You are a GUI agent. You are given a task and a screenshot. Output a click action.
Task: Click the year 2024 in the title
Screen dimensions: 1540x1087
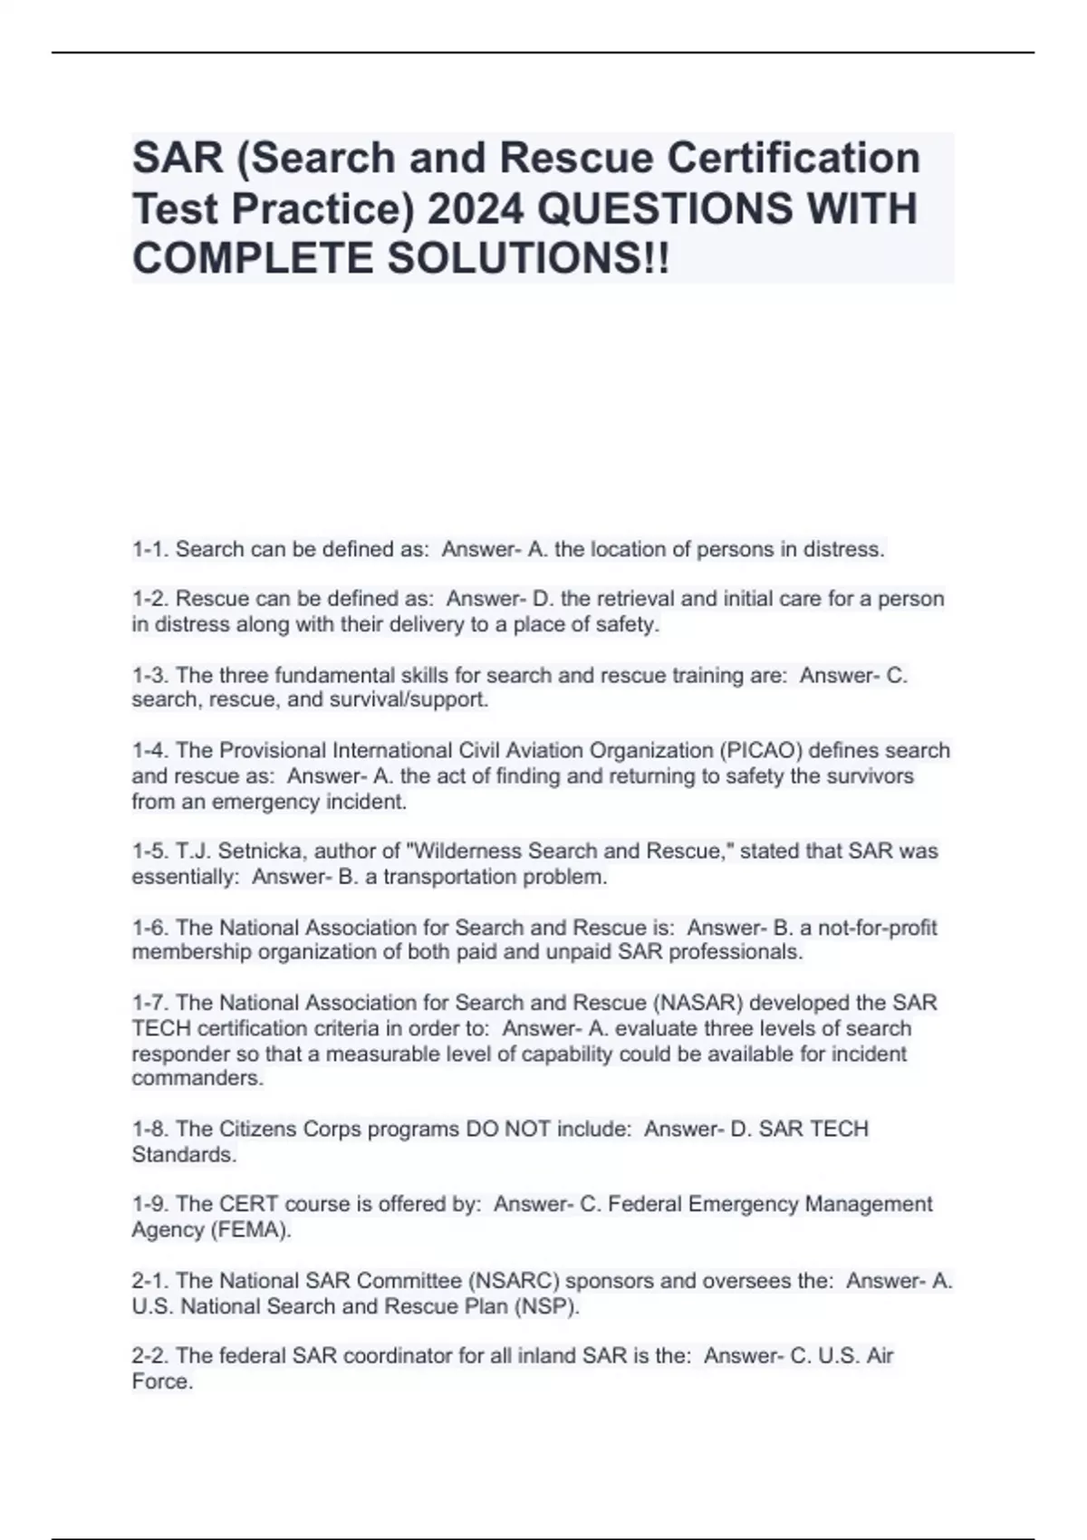click(475, 209)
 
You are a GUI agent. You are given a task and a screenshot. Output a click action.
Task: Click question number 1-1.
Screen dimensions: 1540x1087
click(150, 549)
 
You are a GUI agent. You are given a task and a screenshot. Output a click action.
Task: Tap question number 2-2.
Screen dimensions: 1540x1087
click(150, 1355)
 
